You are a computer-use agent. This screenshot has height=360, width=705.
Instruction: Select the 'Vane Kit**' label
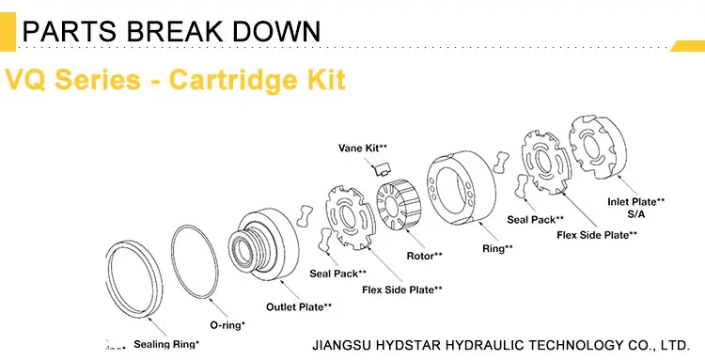[363, 149]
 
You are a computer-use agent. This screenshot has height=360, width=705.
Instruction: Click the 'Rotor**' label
[425, 255]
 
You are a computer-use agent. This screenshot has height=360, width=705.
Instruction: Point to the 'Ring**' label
[497, 248]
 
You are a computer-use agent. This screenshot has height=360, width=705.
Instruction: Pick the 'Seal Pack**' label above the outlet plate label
[336, 274]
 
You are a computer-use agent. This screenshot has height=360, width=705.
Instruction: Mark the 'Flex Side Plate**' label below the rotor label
[401, 289]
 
